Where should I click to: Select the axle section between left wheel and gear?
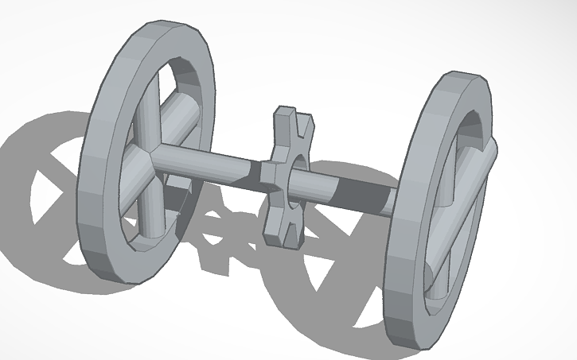[207, 162]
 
